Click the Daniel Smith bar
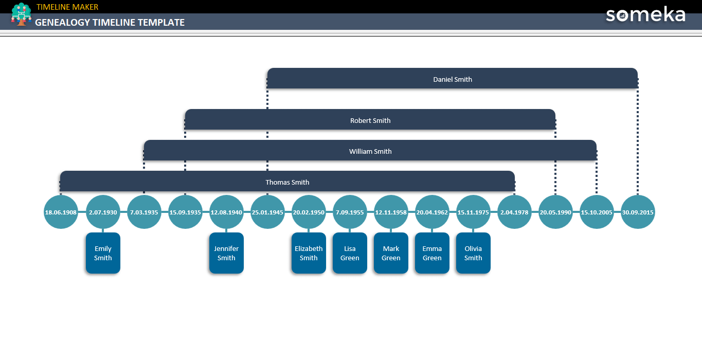[453, 79]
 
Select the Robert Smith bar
[370, 120]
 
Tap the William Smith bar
[370, 151]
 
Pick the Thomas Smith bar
[287, 182]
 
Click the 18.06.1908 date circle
[61, 212]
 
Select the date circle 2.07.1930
[103, 212]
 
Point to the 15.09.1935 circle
[185, 212]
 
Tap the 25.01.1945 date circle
[267, 212]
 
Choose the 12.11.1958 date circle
[391, 212]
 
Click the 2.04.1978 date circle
[514, 212]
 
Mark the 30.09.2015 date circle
[638, 212]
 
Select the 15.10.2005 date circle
[597, 212]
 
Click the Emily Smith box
[103, 253]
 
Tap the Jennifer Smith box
[226, 253]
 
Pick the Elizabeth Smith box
[309, 253]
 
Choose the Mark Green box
[391, 253]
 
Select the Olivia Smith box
[473, 253]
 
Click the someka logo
[645, 14]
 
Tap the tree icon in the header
[21, 14]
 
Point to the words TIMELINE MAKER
[67, 7]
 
